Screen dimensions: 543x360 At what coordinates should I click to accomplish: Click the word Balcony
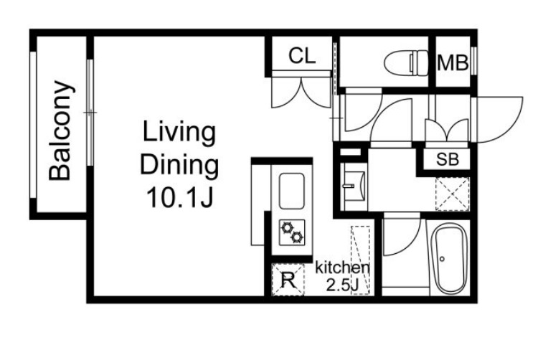pyautogui.click(x=61, y=131)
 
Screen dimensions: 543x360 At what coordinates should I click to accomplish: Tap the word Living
pyautogui.click(x=179, y=133)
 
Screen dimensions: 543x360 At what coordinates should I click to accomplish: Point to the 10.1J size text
pyautogui.click(x=180, y=196)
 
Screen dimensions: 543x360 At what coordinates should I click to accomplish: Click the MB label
pyautogui.click(x=453, y=63)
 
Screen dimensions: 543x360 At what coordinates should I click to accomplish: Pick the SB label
pyautogui.click(x=447, y=159)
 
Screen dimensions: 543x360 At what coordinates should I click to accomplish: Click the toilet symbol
pyautogui.click(x=406, y=63)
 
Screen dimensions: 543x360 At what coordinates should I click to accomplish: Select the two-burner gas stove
pyautogui.click(x=292, y=232)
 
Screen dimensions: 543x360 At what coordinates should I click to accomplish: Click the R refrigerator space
pyautogui.click(x=288, y=280)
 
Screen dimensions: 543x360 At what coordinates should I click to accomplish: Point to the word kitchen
pyautogui.click(x=342, y=267)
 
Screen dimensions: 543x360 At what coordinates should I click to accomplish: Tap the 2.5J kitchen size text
pyautogui.click(x=342, y=285)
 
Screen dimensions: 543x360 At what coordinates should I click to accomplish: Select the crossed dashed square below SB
pyautogui.click(x=453, y=194)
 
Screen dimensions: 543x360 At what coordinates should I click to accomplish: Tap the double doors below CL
pyautogui.click(x=301, y=93)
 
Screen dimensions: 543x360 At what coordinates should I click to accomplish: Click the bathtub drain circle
pyautogui.click(x=443, y=259)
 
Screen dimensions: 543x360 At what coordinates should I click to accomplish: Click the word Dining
pyautogui.click(x=179, y=165)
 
